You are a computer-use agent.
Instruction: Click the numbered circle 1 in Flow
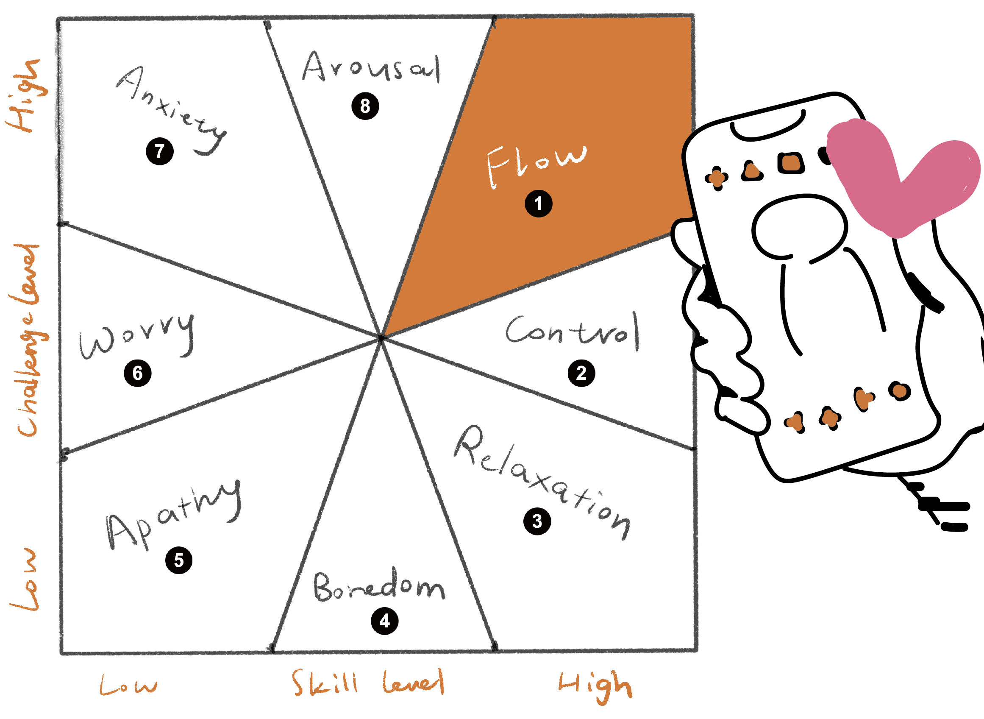click(x=539, y=203)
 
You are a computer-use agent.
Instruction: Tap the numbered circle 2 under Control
click(x=581, y=373)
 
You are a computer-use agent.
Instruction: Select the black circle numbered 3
click(x=537, y=521)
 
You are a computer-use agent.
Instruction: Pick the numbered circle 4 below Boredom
click(x=384, y=621)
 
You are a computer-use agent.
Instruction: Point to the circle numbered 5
click(x=179, y=560)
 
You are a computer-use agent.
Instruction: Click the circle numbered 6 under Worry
click(x=137, y=373)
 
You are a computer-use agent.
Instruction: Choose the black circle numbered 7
click(x=160, y=151)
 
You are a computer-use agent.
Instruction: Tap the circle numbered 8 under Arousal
click(x=365, y=106)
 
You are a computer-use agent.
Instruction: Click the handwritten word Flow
click(x=536, y=164)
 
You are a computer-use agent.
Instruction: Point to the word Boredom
click(x=378, y=586)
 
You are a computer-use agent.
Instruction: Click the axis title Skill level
click(x=368, y=683)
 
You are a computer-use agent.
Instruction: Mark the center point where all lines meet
click(x=381, y=338)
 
